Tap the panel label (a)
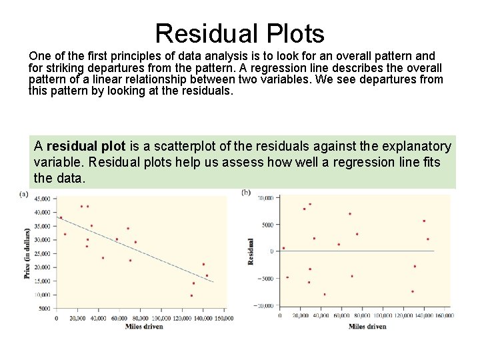(x=24, y=194)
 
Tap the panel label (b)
(x=246, y=193)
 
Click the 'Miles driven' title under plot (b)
(x=367, y=326)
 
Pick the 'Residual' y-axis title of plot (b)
(x=251, y=251)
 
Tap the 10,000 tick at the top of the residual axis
(x=265, y=198)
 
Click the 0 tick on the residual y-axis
(x=271, y=251)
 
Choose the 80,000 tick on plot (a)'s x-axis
(x=139, y=318)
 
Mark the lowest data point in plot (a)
(x=192, y=295)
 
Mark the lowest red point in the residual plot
(x=325, y=294)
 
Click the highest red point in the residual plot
(x=310, y=204)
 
